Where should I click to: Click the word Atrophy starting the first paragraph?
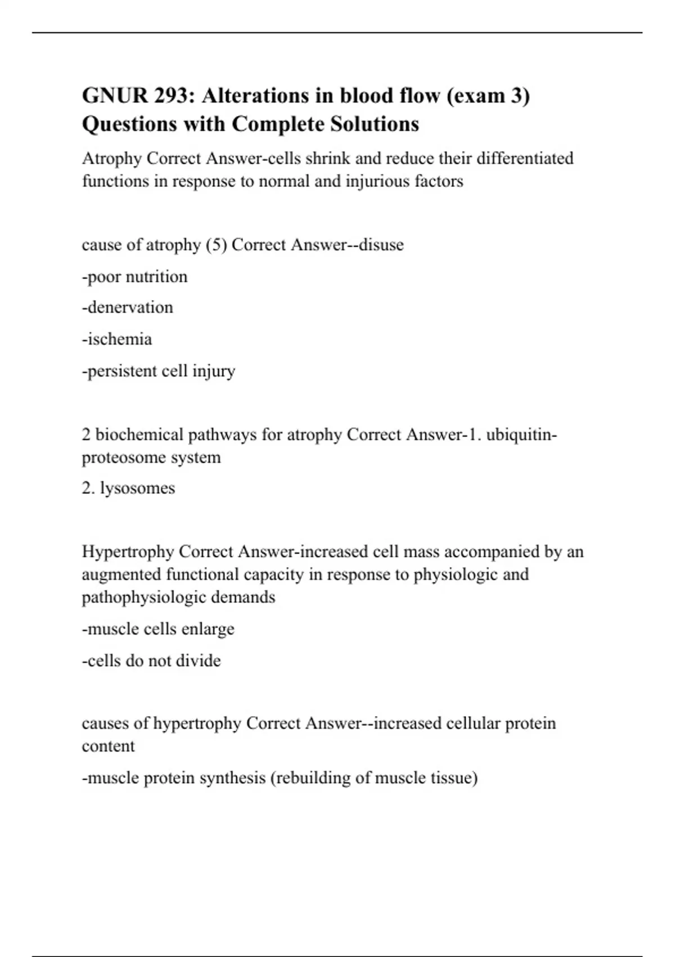coord(112,159)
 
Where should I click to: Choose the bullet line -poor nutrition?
coord(134,277)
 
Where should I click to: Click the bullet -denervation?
coord(128,307)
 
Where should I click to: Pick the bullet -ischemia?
coord(117,339)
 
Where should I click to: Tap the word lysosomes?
coord(137,488)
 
